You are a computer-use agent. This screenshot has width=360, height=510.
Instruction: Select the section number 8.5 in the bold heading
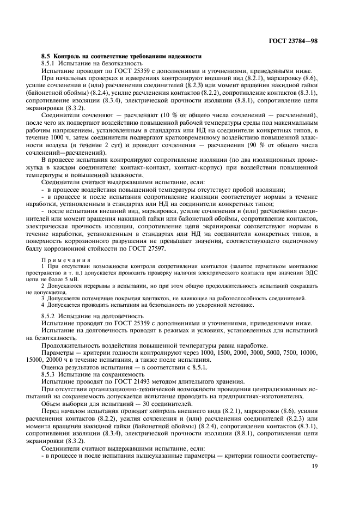(46, 57)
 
